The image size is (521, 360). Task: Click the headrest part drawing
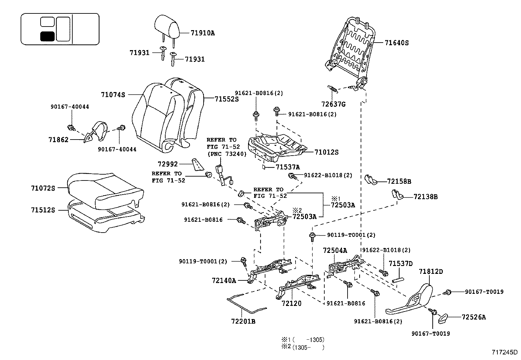click(167, 26)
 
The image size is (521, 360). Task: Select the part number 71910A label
click(203, 33)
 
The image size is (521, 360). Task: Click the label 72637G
click(333, 104)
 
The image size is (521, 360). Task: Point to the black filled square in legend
click(47, 36)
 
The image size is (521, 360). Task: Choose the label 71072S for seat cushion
click(43, 188)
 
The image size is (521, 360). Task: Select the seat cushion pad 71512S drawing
click(105, 218)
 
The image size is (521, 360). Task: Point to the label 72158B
click(399, 181)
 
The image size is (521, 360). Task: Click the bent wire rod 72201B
click(245, 305)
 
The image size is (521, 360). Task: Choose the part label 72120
click(291, 303)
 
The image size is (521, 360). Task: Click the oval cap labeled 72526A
click(443, 317)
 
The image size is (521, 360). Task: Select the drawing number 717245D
click(504, 352)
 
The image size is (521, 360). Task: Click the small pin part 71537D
click(398, 280)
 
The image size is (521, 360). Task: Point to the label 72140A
click(224, 280)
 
